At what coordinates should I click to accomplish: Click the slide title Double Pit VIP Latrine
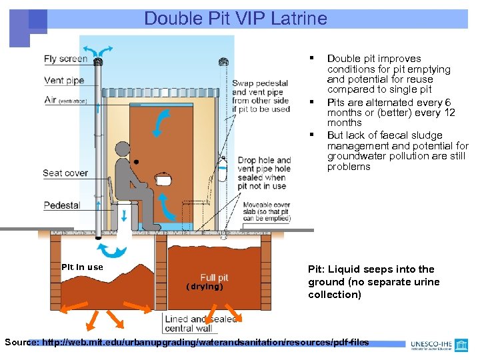(235, 18)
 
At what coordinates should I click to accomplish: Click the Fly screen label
(65, 59)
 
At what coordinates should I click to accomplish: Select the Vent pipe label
(64, 81)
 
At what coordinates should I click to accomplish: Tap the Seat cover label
(65, 173)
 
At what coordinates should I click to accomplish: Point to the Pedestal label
(61, 205)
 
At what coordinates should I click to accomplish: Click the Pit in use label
(82, 267)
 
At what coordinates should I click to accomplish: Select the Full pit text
(213, 277)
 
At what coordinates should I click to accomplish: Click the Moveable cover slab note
(266, 211)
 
